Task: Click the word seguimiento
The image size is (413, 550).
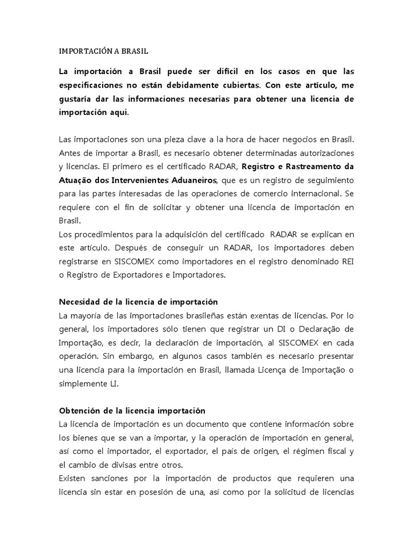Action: (x=328, y=179)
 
